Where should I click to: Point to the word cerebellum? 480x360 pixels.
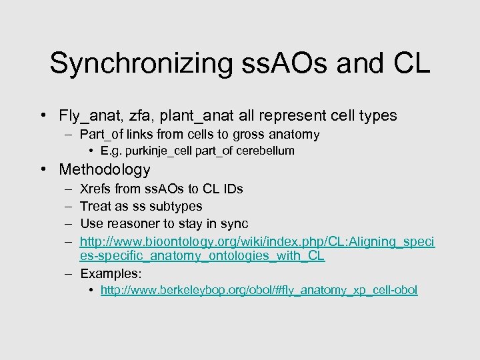261,151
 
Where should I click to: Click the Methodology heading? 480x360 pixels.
105,169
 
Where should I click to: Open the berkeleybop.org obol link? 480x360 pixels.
259,290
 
